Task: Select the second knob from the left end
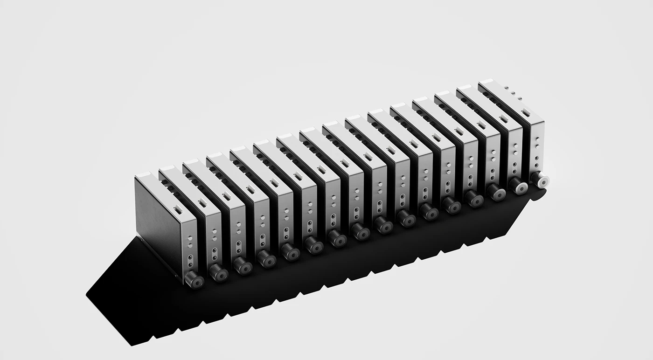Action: click(x=218, y=273)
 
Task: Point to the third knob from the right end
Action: click(x=496, y=192)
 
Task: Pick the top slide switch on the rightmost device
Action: click(x=526, y=111)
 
